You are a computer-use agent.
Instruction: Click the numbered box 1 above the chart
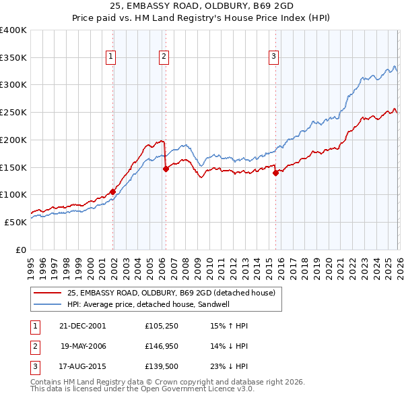(110, 57)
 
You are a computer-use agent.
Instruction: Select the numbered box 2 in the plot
(164, 57)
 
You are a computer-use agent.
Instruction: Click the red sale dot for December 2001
(112, 192)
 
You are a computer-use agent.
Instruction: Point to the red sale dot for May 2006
(166, 169)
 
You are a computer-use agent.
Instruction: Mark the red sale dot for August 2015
(275, 173)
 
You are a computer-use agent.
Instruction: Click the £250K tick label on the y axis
(13, 113)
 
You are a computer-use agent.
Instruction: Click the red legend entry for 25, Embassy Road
(171, 293)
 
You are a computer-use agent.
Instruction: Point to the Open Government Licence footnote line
(143, 389)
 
